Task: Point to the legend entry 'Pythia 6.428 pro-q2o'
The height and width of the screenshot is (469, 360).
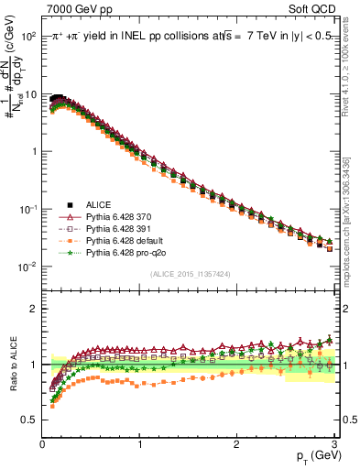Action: pos(123,251)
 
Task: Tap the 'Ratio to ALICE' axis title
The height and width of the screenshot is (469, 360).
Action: pos(12,364)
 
